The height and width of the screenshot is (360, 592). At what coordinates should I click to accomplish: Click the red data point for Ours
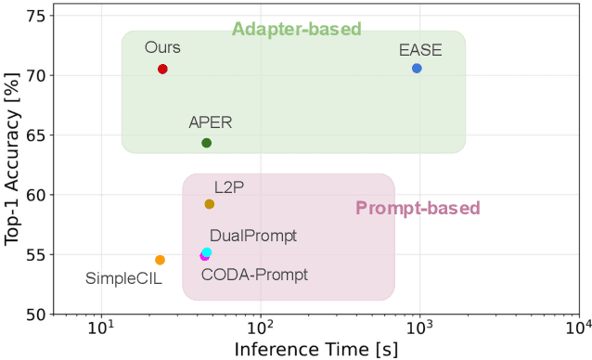click(x=162, y=69)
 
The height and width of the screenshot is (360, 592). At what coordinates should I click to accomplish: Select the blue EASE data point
click(x=417, y=68)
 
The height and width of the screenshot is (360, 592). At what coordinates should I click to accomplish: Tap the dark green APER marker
click(x=207, y=143)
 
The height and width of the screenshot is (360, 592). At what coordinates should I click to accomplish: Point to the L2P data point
click(x=210, y=204)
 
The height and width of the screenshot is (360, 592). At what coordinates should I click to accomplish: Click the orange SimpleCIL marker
click(x=160, y=260)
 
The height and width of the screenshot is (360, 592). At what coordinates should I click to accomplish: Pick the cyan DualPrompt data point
click(x=207, y=252)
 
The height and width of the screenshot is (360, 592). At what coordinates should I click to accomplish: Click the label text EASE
click(x=421, y=50)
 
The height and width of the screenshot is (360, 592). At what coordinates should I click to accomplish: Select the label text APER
click(x=211, y=122)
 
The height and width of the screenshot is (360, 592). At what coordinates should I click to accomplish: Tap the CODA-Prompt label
click(x=254, y=275)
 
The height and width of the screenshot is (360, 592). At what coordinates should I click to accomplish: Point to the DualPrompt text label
click(x=253, y=236)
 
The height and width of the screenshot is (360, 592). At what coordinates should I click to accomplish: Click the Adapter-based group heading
click(x=296, y=29)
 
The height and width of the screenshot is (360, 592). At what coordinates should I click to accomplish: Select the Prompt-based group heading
click(x=418, y=207)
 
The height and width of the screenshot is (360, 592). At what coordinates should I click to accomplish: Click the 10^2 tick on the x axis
click(x=261, y=330)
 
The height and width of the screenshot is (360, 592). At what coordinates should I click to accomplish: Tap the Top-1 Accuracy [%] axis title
click(x=13, y=165)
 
